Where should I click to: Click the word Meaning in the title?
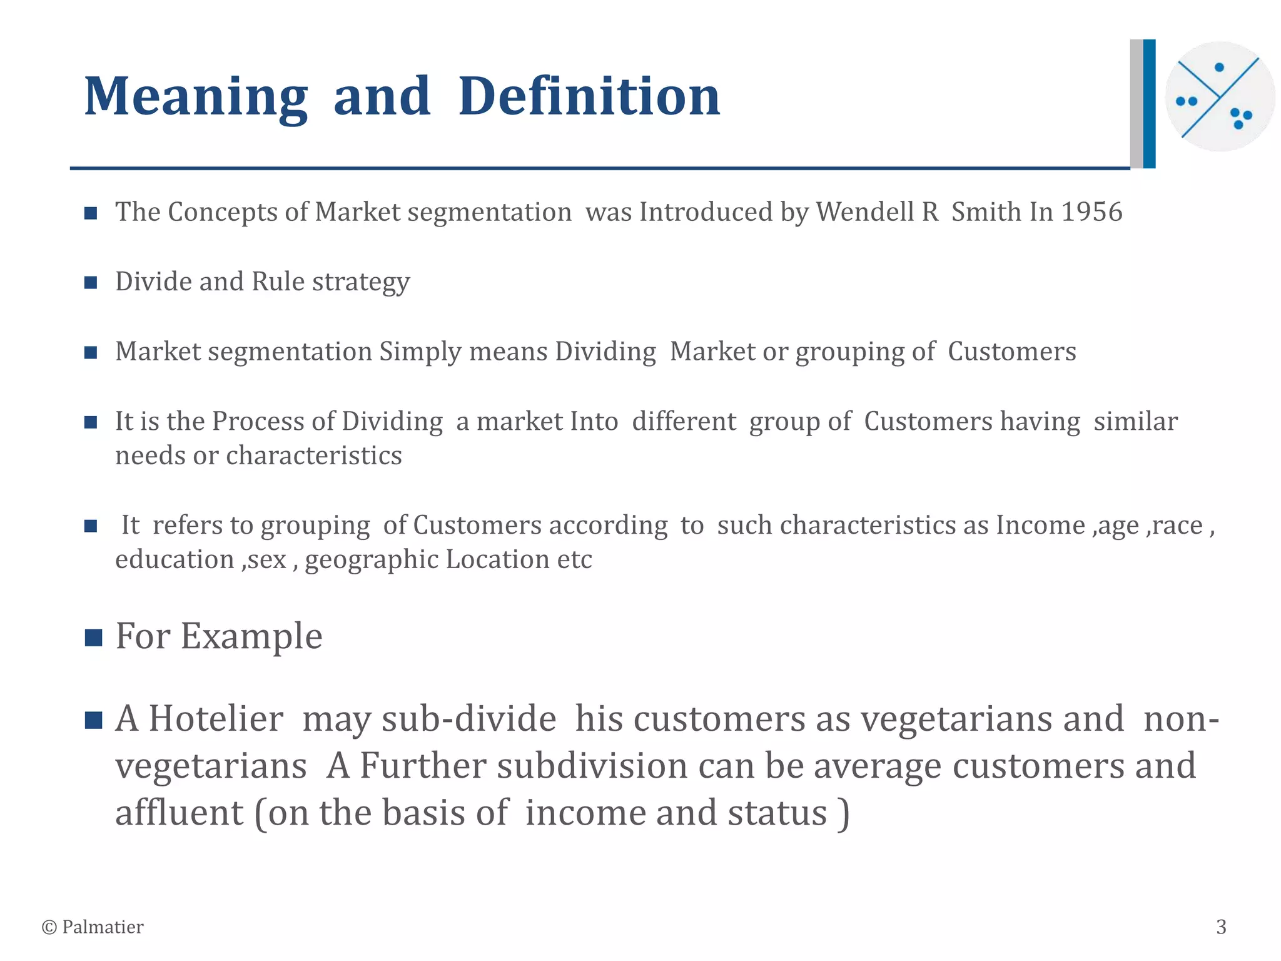pyautogui.click(x=196, y=97)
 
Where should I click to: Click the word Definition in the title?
pyautogui.click(x=589, y=97)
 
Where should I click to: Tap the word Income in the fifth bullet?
pyautogui.click(x=1040, y=526)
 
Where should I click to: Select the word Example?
pyautogui.click(x=251, y=637)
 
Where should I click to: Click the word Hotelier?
pyautogui.click(x=216, y=719)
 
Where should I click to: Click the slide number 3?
pyautogui.click(x=1221, y=927)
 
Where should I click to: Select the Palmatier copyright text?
pyautogui.click(x=93, y=927)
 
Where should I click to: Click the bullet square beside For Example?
pyautogui.click(x=93, y=638)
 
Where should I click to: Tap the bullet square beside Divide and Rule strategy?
pyautogui.click(x=91, y=283)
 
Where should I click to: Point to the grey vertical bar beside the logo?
pyautogui.click(x=1136, y=104)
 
